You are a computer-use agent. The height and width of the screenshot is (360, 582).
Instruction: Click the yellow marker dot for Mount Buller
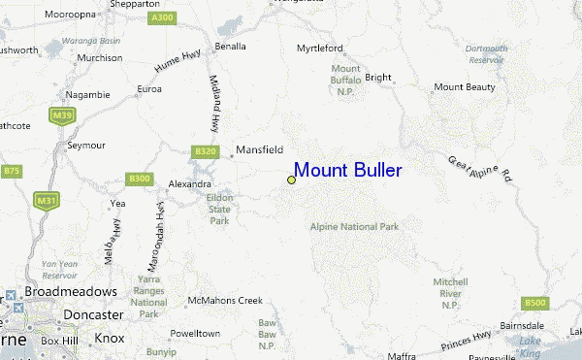[x=291, y=180]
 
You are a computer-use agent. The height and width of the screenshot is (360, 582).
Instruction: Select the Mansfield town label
[x=260, y=150]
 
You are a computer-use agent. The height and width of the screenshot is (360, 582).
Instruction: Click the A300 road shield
[x=163, y=17]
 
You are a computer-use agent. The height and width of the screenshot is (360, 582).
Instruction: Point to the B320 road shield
[x=204, y=151]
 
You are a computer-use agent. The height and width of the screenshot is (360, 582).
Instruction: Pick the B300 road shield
[x=140, y=179]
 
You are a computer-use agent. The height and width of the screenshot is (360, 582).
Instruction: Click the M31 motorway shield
[x=45, y=201]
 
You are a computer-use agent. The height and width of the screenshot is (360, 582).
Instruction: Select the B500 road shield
[x=534, y=302]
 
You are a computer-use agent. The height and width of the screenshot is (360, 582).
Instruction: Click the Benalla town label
[x=230, y=46]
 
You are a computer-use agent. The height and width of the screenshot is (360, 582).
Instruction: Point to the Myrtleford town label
[x=320, y=46]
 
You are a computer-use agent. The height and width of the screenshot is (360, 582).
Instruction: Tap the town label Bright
[x=377, y=78]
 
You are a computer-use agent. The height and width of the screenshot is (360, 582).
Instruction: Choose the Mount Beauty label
[x=464, y=87]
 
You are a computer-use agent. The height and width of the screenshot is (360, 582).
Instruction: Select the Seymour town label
[x=85, y=146]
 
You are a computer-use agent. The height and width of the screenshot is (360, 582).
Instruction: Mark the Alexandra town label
[x=190, y=183]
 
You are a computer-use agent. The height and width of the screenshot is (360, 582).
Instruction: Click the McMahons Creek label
[x=225, y=300]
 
